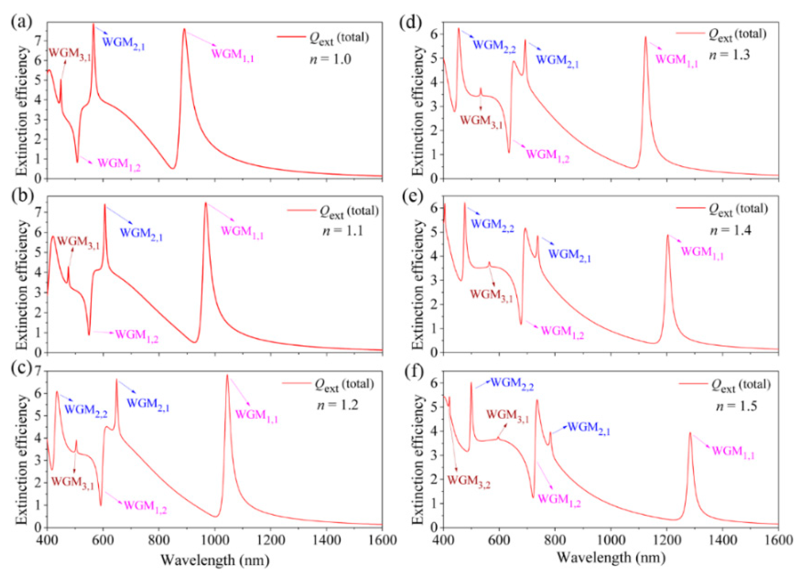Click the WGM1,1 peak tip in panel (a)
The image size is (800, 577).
[184, 29]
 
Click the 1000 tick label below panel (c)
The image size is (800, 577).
[214, 541]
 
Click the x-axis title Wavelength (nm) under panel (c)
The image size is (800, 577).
[215, 560]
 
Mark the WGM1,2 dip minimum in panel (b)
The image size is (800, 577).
[89, 334]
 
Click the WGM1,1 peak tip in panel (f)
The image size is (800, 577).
[690, 433]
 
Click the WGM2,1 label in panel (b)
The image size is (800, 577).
[141, 234]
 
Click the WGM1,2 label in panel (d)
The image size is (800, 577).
[547, 155]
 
